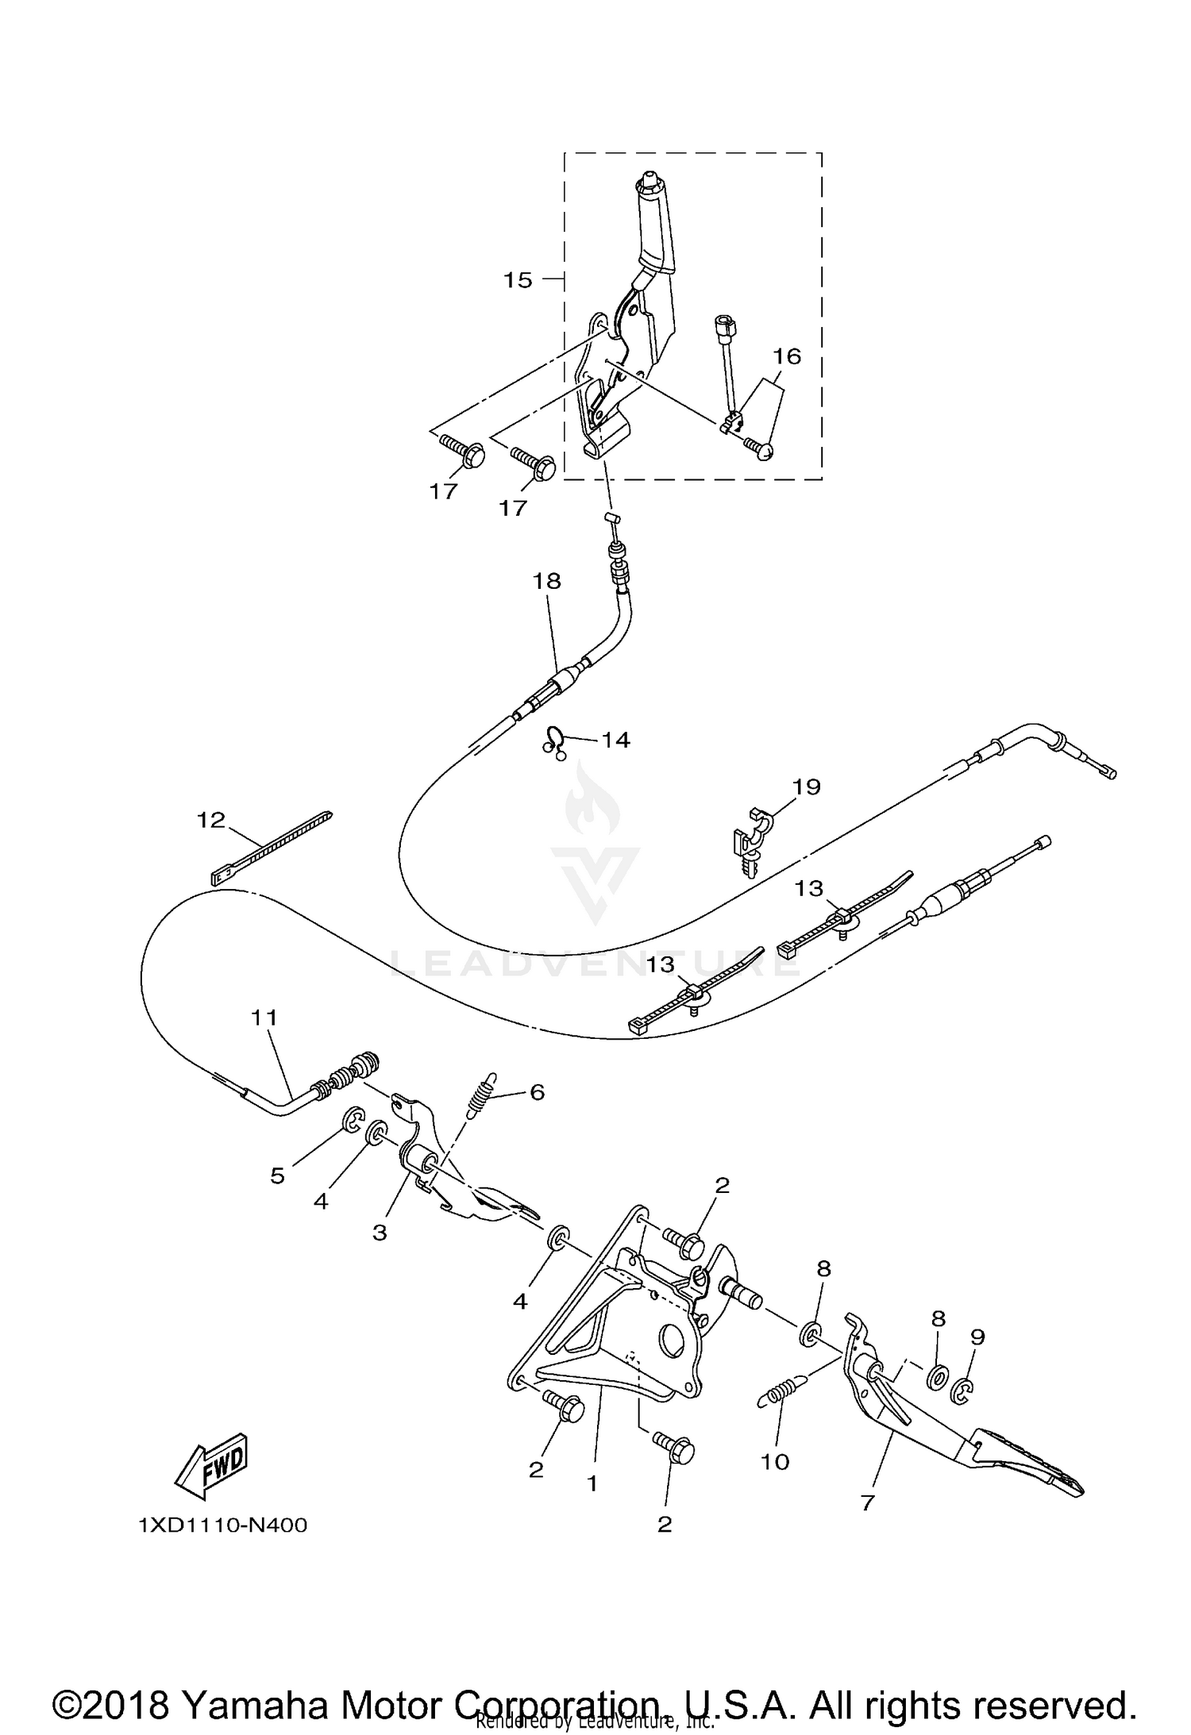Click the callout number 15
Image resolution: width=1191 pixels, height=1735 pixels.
pyautogui.click(x=518, y=280)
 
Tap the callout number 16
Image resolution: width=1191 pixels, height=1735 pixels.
pyautogui.click(x=787, y=356)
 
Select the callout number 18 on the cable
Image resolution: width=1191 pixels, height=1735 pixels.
pyautogui.click(x=546, y=581)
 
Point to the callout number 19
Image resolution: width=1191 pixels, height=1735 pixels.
pyautogui.click(x=806, y=787)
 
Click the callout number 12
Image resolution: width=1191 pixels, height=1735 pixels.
pyautogui.click(x=211, y=820)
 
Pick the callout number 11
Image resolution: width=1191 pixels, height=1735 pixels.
pyautogui.click(x=265, y=1017)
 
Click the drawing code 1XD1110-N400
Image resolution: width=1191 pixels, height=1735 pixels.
pyautogui.click(x=222, y=1525)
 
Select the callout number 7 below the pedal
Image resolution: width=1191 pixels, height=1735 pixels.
pyautogui.click(x=867, y=1502)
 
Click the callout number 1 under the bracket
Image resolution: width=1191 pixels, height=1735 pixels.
pyautogui.click(x=592, y=1483)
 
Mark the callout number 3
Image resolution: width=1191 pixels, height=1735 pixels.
pyautogui.click(x=380, y=1233)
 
